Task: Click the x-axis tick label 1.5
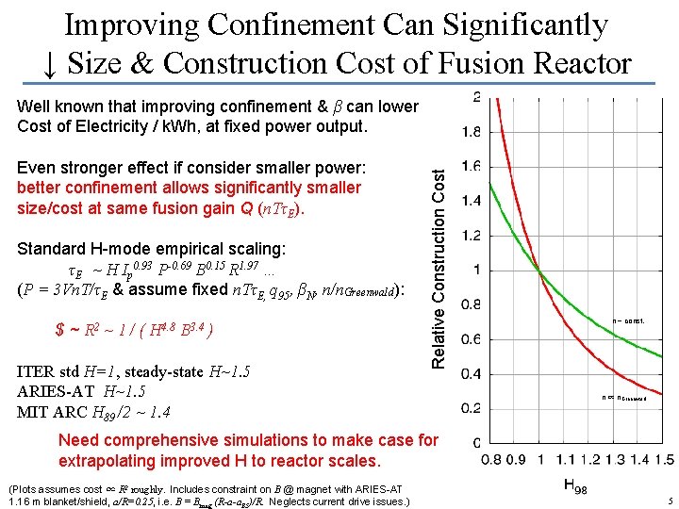tap(663, 459)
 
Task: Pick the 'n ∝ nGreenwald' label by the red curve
tap(623, 399)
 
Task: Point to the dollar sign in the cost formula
tap(60, 331)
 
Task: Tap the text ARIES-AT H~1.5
tap(81, 391)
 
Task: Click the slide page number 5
tap(669, 501)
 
